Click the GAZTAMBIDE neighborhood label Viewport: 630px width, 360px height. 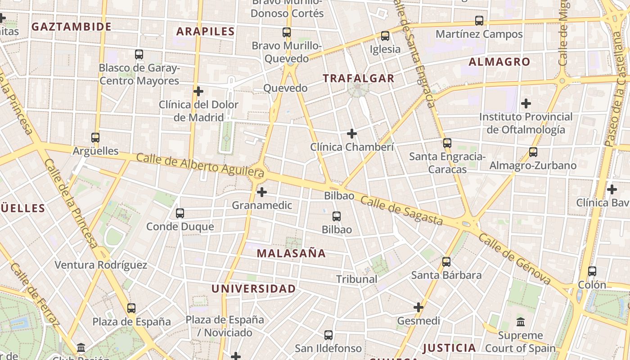(x=72, y=27)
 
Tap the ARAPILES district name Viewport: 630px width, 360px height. (x=206, y=31)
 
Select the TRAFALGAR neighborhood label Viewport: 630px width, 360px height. (x=359, y=78)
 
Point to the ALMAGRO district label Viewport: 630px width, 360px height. (x=499, y=62)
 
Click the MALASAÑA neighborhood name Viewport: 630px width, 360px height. (x=291, y=253)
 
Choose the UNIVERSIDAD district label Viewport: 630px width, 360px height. (x=254, y=289)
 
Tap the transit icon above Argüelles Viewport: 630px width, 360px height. (x=95, y=138)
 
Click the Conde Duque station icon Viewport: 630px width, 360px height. (x=180, y=213)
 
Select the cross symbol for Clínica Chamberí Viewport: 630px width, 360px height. (x=352, y=134)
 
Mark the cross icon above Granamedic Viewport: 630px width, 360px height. (x=261, y=192)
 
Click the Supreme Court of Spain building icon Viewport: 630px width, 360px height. (x=521, y=322)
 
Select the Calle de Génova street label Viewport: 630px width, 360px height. (x=515, y=259)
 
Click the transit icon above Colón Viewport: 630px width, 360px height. (x=592, y=271)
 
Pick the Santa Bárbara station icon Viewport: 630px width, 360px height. (x=446, y=261)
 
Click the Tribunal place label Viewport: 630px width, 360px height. (x=357, y=279)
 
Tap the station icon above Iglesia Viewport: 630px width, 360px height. (x=385, y=36)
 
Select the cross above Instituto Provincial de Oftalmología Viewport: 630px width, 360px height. (x=526, y=103)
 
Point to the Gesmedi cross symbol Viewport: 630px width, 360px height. (x=418, y=307)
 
